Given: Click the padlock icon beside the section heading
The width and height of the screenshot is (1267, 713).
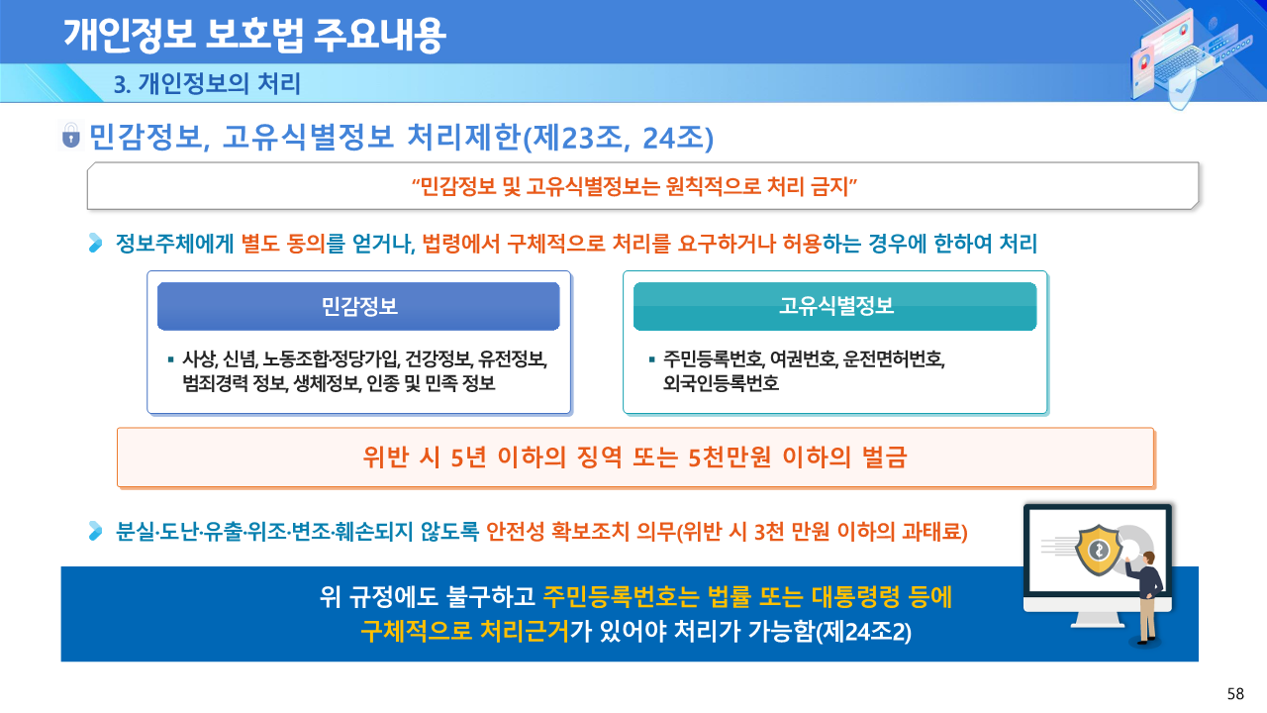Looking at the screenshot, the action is (x=70, y=136).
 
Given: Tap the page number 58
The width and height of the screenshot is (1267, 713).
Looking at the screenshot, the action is (x=1235, y=694).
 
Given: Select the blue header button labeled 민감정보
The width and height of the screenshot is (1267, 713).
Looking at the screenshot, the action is (x=358, y=306).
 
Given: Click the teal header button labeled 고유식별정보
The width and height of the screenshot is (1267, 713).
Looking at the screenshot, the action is (x=834, y=306).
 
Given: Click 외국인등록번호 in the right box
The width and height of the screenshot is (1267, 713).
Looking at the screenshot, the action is (x=722, y=383).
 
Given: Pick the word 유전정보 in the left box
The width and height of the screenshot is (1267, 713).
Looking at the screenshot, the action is (x=512, y=358).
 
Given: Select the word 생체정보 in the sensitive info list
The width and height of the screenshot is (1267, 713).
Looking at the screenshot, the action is (x=327, y=383).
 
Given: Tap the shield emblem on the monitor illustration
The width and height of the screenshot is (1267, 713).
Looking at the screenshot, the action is (x=1099, y=550).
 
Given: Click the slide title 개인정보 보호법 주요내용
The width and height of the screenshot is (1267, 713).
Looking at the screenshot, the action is (x=254, y=35).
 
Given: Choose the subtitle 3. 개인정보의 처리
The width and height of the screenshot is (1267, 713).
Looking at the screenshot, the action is (x=207, y=84).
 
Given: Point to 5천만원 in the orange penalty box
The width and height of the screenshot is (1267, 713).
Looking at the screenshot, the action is (x=730, y=458).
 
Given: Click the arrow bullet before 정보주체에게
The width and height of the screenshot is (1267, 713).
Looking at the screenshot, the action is (x=96, y=244).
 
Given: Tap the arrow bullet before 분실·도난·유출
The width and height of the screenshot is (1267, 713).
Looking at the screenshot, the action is (x=96, y=531).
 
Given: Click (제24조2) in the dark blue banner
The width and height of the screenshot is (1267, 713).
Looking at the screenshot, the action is (x=863, y=632).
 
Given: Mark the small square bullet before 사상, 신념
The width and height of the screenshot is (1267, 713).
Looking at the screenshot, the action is (x=170, y=359).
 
